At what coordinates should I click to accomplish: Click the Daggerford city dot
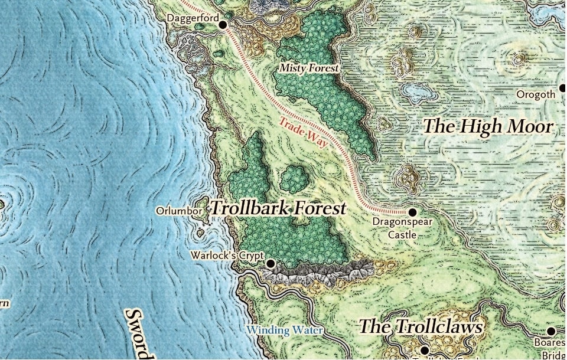click(x=223, y=25)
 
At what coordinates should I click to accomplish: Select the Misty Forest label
click(x=309, y=68)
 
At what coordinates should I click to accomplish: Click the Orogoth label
click(x=536, y=94)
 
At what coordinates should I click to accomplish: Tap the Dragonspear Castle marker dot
click(x=412, y=211)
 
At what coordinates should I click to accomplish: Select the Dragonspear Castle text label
click(x=402, y=228)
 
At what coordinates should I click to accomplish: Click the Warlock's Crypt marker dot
click(x=271, y=263)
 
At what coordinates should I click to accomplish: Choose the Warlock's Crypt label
click(x=227, y=256)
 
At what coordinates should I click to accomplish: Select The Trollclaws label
click(x=421, y=326)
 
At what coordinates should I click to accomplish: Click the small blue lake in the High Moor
click(x=416, y=91)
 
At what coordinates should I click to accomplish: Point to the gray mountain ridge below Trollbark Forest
click(x=319, y=273)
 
